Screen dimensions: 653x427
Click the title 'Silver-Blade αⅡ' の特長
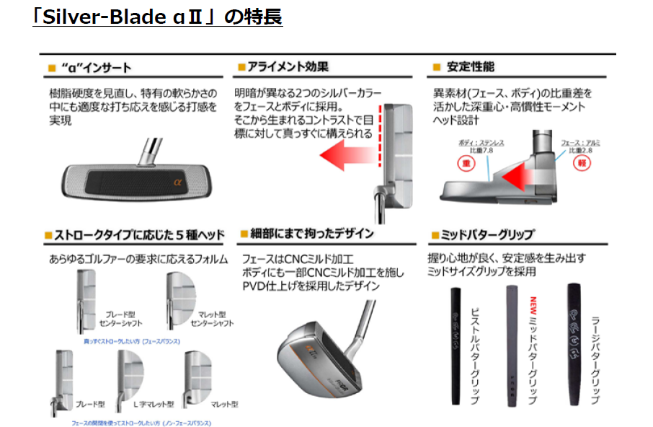tap(157, 16)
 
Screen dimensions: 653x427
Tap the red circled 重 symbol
tap(465, 164)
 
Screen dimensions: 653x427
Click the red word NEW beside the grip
tap(533, 302)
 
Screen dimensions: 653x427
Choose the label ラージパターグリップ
tap(595, 354)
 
